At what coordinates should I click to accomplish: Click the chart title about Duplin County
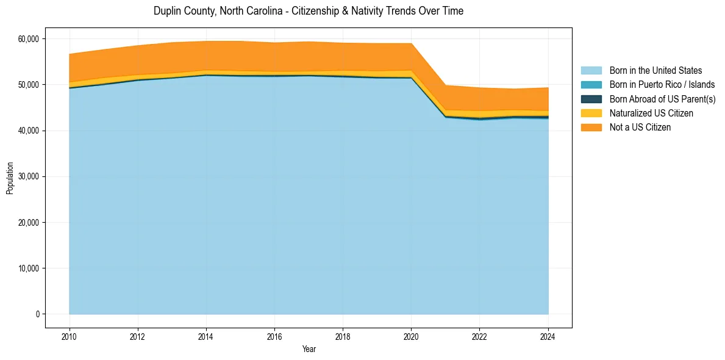tap(309, 11)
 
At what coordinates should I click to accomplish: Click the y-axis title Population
tap(10, 178)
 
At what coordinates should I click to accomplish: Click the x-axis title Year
tap(309, 349)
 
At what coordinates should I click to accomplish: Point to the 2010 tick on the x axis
tap(70, 336)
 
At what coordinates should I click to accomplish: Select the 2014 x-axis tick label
tap(206, 336)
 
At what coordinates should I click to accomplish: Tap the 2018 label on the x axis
tap(343, 336)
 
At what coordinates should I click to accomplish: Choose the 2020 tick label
tap(411, 336)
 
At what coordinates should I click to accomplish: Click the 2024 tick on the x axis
tap(548, 336)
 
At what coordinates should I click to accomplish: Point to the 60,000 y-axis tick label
tap(27, 39)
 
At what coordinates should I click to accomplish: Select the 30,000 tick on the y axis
tap(27, 177)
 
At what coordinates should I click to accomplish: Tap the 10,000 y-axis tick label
tap(27, 268)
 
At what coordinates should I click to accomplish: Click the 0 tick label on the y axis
tap(37, 314)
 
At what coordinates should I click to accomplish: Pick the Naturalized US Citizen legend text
tap(651, 113)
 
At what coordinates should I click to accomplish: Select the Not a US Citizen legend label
tap(640, 128)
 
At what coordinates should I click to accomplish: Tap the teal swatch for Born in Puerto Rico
tap(591, 85)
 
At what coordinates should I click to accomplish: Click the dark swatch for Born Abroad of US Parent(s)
tap(591, 99)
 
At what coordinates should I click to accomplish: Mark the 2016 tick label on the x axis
tap(274, 336)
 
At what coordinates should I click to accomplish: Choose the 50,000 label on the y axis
tap(27, 85)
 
